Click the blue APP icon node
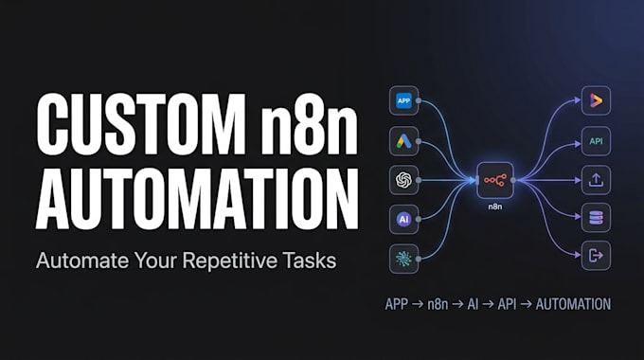pos(403,100)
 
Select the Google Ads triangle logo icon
pos(403,141)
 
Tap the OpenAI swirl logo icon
pos(403,180)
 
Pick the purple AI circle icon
pos(403,219)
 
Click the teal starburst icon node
pos(403,259)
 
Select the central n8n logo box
pos(495,180)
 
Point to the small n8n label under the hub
pos(495,207)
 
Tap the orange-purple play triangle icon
pos(596,100)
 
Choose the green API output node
pos(596,141)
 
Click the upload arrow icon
pos(596,180)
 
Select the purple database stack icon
pos(596,218)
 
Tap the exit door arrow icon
pos(596,256)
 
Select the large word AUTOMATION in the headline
pos(197,198)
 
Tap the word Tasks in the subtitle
pos(310,261)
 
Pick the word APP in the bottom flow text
pos(396,304)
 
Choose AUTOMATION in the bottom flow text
pos(573,304)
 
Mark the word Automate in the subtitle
pos(82,261)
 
